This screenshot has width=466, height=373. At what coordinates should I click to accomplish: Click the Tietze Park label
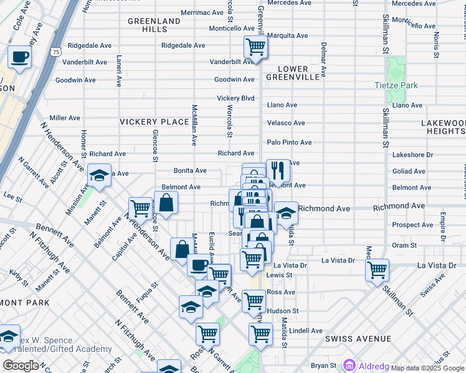pyautogui.click(x=396, y=85)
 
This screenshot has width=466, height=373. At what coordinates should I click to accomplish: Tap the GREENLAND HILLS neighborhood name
pyautogui.click(x=154, y=25)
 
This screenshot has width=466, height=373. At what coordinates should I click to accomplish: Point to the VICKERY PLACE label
pyautogui.click(x=154, y=122)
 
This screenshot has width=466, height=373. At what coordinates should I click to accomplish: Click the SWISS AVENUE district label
pyautogui.click(x=358, y=339)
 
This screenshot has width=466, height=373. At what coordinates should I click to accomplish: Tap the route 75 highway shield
pyautogui.click(x=57, y=53)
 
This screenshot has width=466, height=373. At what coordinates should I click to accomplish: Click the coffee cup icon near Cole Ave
pyautogui.click(x=19, y=57)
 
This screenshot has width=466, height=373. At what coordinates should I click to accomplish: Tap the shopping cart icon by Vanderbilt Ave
pyautogui.click(x=255, y=46)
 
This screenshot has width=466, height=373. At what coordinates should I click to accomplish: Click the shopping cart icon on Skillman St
pyautogui.click(x=378, y=270)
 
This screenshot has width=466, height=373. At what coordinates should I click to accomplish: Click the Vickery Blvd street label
pyautogui.click(x=235, y=98)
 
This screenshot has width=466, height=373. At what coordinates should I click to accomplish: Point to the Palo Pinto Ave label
pyautogui.click(x=289, y=142)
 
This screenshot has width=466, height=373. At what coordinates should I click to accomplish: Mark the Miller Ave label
pyautogui.click(x=65, y=117)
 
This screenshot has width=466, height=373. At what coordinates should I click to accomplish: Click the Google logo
pyautogui.click(x=20, y=366)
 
